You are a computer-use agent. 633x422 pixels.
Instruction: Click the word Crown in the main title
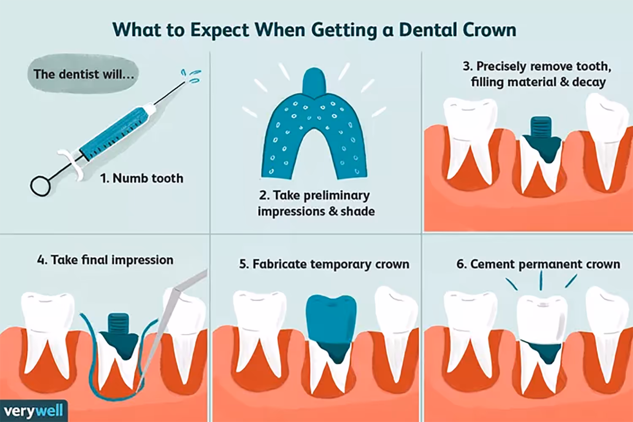tap(489, 30)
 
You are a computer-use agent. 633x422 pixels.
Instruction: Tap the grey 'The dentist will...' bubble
tap(83, 74)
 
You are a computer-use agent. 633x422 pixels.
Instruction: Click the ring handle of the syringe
tap(41, 185)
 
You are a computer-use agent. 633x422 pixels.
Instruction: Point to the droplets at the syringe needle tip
tap(192, 76)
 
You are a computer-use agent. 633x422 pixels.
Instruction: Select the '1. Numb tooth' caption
tap(142, 178)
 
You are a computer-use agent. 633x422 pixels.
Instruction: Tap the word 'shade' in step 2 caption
tap(357, 211)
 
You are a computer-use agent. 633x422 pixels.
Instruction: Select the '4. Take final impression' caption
tap(105, 260)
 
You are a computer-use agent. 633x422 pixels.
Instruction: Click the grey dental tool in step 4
tap(169, 320)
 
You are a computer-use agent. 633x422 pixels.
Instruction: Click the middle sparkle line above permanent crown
tap(541, 280)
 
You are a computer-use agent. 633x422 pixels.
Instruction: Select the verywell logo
tap(34, 411)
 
